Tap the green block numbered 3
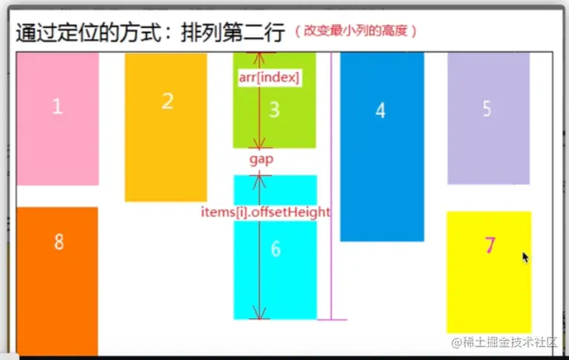click(274, 117)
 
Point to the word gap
click(261, 159)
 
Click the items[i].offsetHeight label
click(266, 211)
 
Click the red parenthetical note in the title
click(355, 32)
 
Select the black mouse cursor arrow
click(525, 257)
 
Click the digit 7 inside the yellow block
click(490, 246)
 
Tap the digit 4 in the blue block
click(380, 110)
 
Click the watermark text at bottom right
click(504, 342)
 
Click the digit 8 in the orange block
click(58, 242)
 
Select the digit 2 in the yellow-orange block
click(167, 101)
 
